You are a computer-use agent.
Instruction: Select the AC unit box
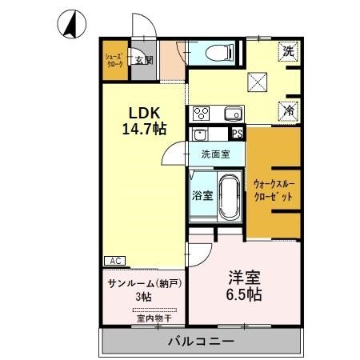pos(114,261)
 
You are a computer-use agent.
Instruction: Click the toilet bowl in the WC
pos(218,53)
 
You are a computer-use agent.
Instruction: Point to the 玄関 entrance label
pos(142,59)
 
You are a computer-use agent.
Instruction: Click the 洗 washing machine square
pos(289,50)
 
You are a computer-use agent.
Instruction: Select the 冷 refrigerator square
pos(289,112)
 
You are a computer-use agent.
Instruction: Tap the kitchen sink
pos(232,113)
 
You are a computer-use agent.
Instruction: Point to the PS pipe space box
pos(237,134)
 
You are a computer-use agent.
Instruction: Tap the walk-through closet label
pos(273,189)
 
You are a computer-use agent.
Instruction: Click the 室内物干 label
pos(144,318)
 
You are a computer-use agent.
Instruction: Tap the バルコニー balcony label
pos(201,342)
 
